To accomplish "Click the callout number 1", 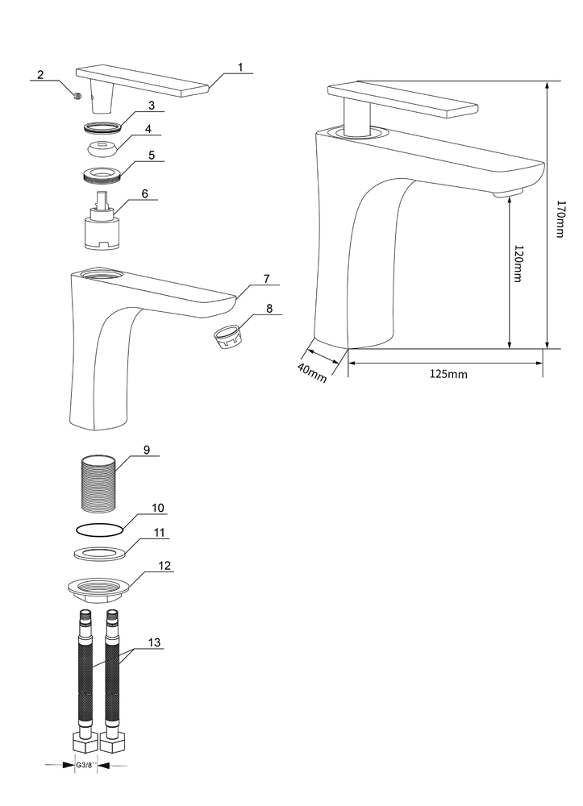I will pos(239,68).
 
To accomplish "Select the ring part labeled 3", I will pos(102,126).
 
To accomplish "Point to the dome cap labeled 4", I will pos(102,148).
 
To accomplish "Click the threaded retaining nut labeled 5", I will pos(102,173).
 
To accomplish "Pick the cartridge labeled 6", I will pos(101,223).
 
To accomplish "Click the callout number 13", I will pos(154,642).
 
